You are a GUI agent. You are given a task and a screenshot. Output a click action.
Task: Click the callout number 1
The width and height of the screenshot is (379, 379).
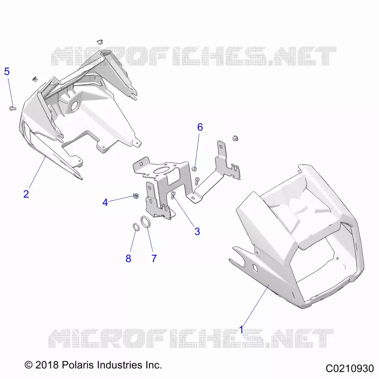click(x=241, y=329)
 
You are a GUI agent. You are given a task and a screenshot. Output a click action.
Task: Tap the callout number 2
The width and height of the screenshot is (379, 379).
click(x=26, y=194)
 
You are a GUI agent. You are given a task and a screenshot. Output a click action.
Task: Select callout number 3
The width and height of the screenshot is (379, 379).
click(x=197, y=232)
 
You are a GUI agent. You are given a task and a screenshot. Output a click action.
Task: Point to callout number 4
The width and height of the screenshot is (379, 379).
click(x=105, y=202)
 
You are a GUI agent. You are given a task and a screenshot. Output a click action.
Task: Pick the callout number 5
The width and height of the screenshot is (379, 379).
click(x=7, y=72)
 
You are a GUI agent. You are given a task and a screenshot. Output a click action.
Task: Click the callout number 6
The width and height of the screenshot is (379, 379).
click(x=200, y=127)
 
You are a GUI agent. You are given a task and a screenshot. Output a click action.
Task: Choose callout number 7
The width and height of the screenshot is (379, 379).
click(x=154, y=258)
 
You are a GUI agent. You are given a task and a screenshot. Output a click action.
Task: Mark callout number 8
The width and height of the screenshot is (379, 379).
click(x=128, y=258)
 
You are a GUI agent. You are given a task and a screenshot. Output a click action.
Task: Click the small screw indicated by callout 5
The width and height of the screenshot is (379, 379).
click(x=12, y=108)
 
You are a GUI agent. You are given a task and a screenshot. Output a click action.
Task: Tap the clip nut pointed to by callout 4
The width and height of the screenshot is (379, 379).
click(x=136, y=196)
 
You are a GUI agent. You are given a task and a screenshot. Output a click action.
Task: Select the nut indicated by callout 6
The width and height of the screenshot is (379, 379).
click(x=194, y=169)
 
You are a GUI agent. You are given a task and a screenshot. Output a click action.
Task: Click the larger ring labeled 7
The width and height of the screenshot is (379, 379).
click(x=144, y=222)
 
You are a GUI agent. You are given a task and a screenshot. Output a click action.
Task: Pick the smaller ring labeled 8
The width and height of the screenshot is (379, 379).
click(x=136, y=227)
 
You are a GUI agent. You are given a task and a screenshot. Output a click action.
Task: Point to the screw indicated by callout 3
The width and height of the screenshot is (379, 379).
click(x=173, y=194)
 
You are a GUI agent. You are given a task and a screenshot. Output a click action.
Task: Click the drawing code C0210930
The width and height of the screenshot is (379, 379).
click(x=350, y=369)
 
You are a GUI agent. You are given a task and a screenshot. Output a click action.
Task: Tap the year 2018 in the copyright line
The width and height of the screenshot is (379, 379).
click(x=47, y=365)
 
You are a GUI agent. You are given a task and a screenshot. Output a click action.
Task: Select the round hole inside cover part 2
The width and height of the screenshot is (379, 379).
click(x=75, y=106)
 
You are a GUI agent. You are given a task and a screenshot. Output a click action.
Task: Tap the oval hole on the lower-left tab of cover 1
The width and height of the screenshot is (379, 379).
click(x=255, y=267)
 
